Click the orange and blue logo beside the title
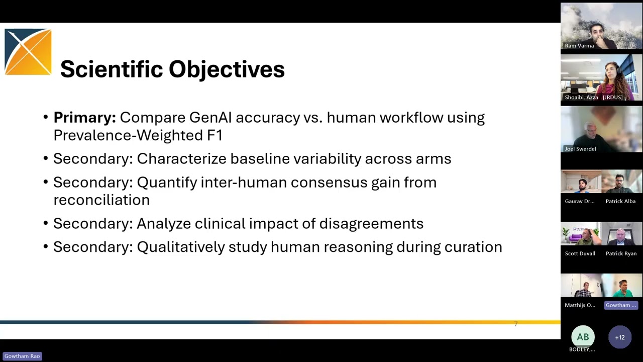(28, 52)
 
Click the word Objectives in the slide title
(227, 70)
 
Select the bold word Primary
(85, 118)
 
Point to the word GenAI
(210, 118)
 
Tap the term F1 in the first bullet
(215, 135)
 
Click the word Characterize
(182, 158)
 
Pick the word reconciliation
(101, 200)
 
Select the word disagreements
(371, 224)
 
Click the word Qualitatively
(181, 247)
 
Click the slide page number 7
(516, 324)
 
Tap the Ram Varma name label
(579, 46)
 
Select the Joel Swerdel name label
(580, 149)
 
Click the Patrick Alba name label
(620, 201)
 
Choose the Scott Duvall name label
(580, 253)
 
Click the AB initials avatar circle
(583, 337)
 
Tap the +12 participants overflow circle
(620, 337)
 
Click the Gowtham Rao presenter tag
(22, 356)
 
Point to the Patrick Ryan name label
(621, 253)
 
